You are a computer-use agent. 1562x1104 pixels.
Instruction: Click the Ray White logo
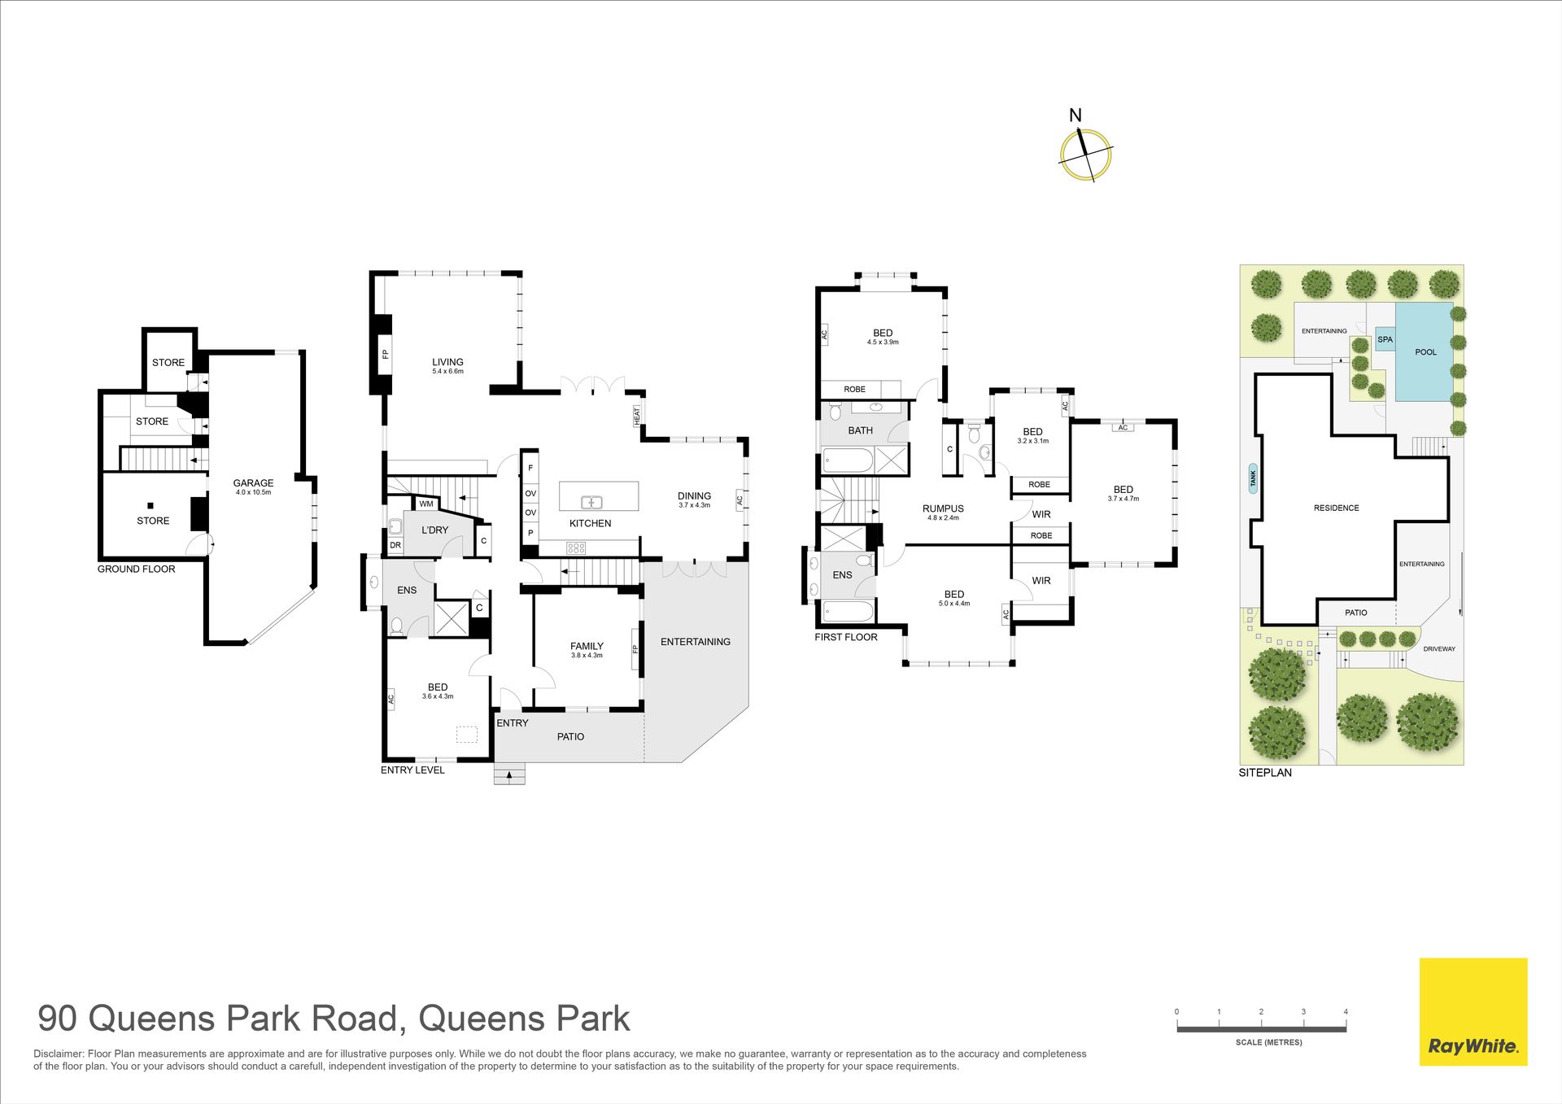point(1473,1011)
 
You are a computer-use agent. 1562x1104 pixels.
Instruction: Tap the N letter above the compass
point(1076,116)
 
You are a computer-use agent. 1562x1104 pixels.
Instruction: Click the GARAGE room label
point(253,483)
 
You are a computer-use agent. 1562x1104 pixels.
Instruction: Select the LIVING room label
point(447,362)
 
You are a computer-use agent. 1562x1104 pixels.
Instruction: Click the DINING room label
point(694,496)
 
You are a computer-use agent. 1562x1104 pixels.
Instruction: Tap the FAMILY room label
point(587,647)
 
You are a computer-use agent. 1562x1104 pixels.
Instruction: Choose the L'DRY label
point(434,530)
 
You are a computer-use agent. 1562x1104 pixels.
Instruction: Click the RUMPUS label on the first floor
point(943,509)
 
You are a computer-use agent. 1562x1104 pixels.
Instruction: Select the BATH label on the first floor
point(860,431)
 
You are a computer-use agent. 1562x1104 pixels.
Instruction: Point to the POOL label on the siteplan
point(1426,352)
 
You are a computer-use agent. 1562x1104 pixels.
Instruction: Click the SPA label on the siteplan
point(1385,340)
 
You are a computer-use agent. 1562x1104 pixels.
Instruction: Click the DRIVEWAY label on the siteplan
point(1439,649)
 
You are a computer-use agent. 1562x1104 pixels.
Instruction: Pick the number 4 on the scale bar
point(1346,1012)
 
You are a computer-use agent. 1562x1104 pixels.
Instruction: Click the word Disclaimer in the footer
point(59,1054)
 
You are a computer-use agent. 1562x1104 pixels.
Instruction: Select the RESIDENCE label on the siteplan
point(1337,508)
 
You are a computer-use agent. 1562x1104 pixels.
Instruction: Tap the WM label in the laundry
point(426,504)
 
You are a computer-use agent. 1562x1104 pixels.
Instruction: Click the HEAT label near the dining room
point(637,414)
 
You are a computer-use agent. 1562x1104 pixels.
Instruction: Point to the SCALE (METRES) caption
point(1268,1042)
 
